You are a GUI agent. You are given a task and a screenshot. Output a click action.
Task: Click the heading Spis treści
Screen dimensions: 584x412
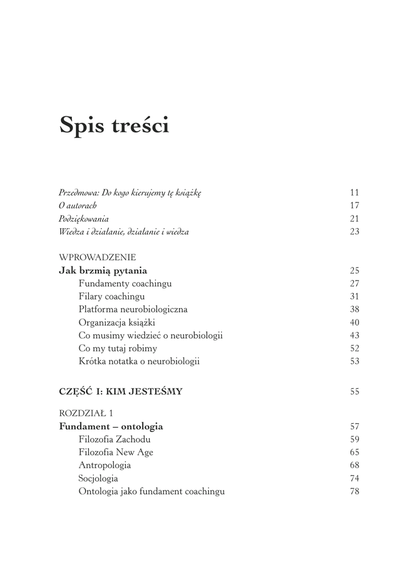pos(114,125)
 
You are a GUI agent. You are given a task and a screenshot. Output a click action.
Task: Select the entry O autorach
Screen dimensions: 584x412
pos(78,206)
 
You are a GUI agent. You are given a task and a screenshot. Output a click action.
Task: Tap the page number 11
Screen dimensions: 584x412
pos(354,193)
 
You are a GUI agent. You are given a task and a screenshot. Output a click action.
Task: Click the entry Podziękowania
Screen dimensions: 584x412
pos(84,219)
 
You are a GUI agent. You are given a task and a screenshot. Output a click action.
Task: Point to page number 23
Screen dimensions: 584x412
pos(354,232)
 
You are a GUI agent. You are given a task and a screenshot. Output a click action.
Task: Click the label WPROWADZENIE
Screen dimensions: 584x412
pos(97,257)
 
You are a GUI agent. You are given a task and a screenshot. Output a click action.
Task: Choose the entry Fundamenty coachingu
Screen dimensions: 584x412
pos(125,283)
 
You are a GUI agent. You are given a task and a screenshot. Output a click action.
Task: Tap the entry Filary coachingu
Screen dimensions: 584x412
pos(112,297)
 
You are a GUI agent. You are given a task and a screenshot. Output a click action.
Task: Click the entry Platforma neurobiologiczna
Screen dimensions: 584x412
pos(133,310)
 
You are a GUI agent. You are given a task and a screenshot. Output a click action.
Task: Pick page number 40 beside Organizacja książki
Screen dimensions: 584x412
pos(354,323)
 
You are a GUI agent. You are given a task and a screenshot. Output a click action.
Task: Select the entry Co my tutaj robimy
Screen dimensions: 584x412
pos(118,348)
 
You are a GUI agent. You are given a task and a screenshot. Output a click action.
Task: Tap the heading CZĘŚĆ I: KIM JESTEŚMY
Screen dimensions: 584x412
pos(121,392)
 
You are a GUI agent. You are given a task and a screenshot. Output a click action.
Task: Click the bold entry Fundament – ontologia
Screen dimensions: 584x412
pos(111,427)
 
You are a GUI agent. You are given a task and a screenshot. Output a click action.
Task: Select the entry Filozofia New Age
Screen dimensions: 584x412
pos(116,453)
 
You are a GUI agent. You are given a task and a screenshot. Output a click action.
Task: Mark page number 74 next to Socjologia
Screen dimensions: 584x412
pos(354,479)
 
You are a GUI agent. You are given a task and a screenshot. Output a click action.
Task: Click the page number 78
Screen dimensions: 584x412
pos(354,492)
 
